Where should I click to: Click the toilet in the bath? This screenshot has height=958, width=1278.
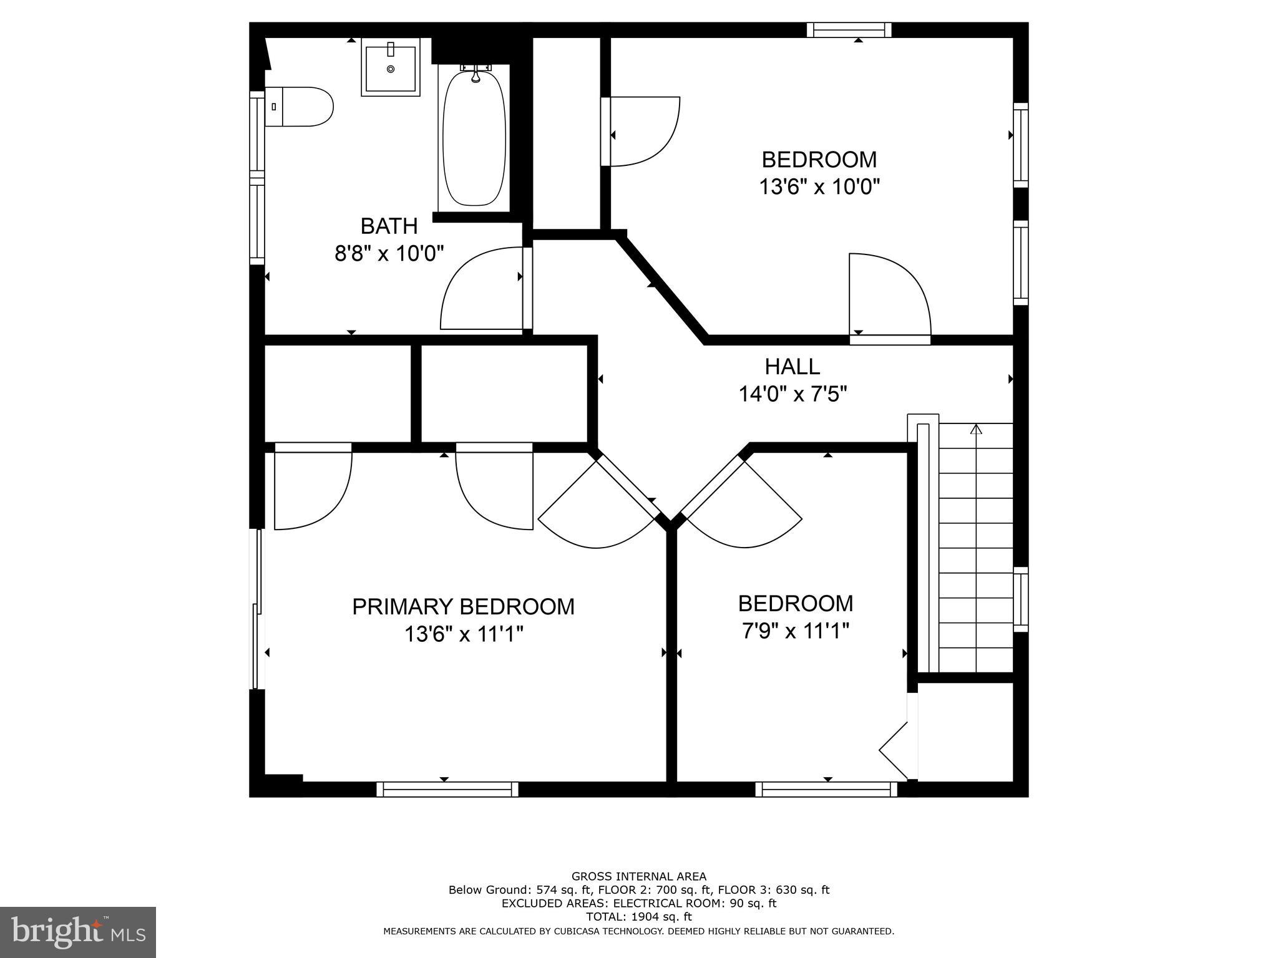tap(300, 107)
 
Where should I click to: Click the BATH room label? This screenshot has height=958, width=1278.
tap(389, 226)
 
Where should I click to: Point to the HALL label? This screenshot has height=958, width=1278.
tap(793, 367)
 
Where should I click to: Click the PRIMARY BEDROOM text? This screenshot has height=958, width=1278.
tap(463, 607)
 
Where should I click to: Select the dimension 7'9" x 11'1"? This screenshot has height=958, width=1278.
tap(795, 632)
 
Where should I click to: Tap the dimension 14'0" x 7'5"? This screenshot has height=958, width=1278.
tap(793, 394)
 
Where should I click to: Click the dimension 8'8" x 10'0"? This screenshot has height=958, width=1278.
tap(389, 253)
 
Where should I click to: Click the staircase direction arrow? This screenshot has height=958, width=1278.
tap(976, 429)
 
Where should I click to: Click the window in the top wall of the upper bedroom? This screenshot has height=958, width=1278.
tap(849, 30)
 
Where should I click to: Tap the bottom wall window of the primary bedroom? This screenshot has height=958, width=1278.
tap(447, 789)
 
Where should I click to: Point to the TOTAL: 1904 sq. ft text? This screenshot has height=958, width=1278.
tap(638, 917)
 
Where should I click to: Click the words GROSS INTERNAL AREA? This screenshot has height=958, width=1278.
tap(638, 876)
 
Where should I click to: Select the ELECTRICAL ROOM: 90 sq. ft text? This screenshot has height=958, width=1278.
tap(695, 903)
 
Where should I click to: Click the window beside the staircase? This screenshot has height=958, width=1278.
tap(1020, 599)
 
